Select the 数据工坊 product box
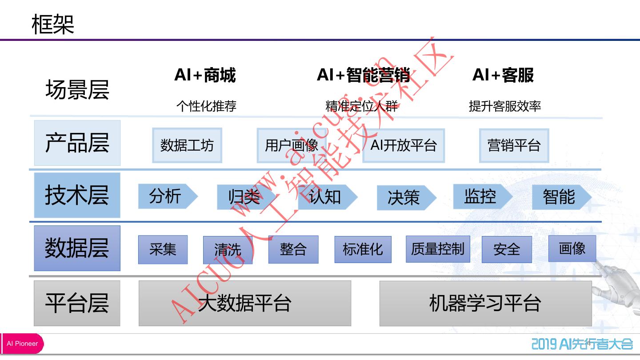187,145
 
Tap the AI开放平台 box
404,145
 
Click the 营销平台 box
514,145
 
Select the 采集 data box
163,249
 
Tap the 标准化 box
363,249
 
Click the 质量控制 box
438,249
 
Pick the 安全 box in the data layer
507,249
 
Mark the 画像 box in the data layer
572,248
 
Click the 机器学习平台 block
485,304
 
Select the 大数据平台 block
244,304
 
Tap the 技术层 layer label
77,195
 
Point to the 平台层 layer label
77,303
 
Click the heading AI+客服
503,75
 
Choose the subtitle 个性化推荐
206,106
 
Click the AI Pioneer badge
22,344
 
